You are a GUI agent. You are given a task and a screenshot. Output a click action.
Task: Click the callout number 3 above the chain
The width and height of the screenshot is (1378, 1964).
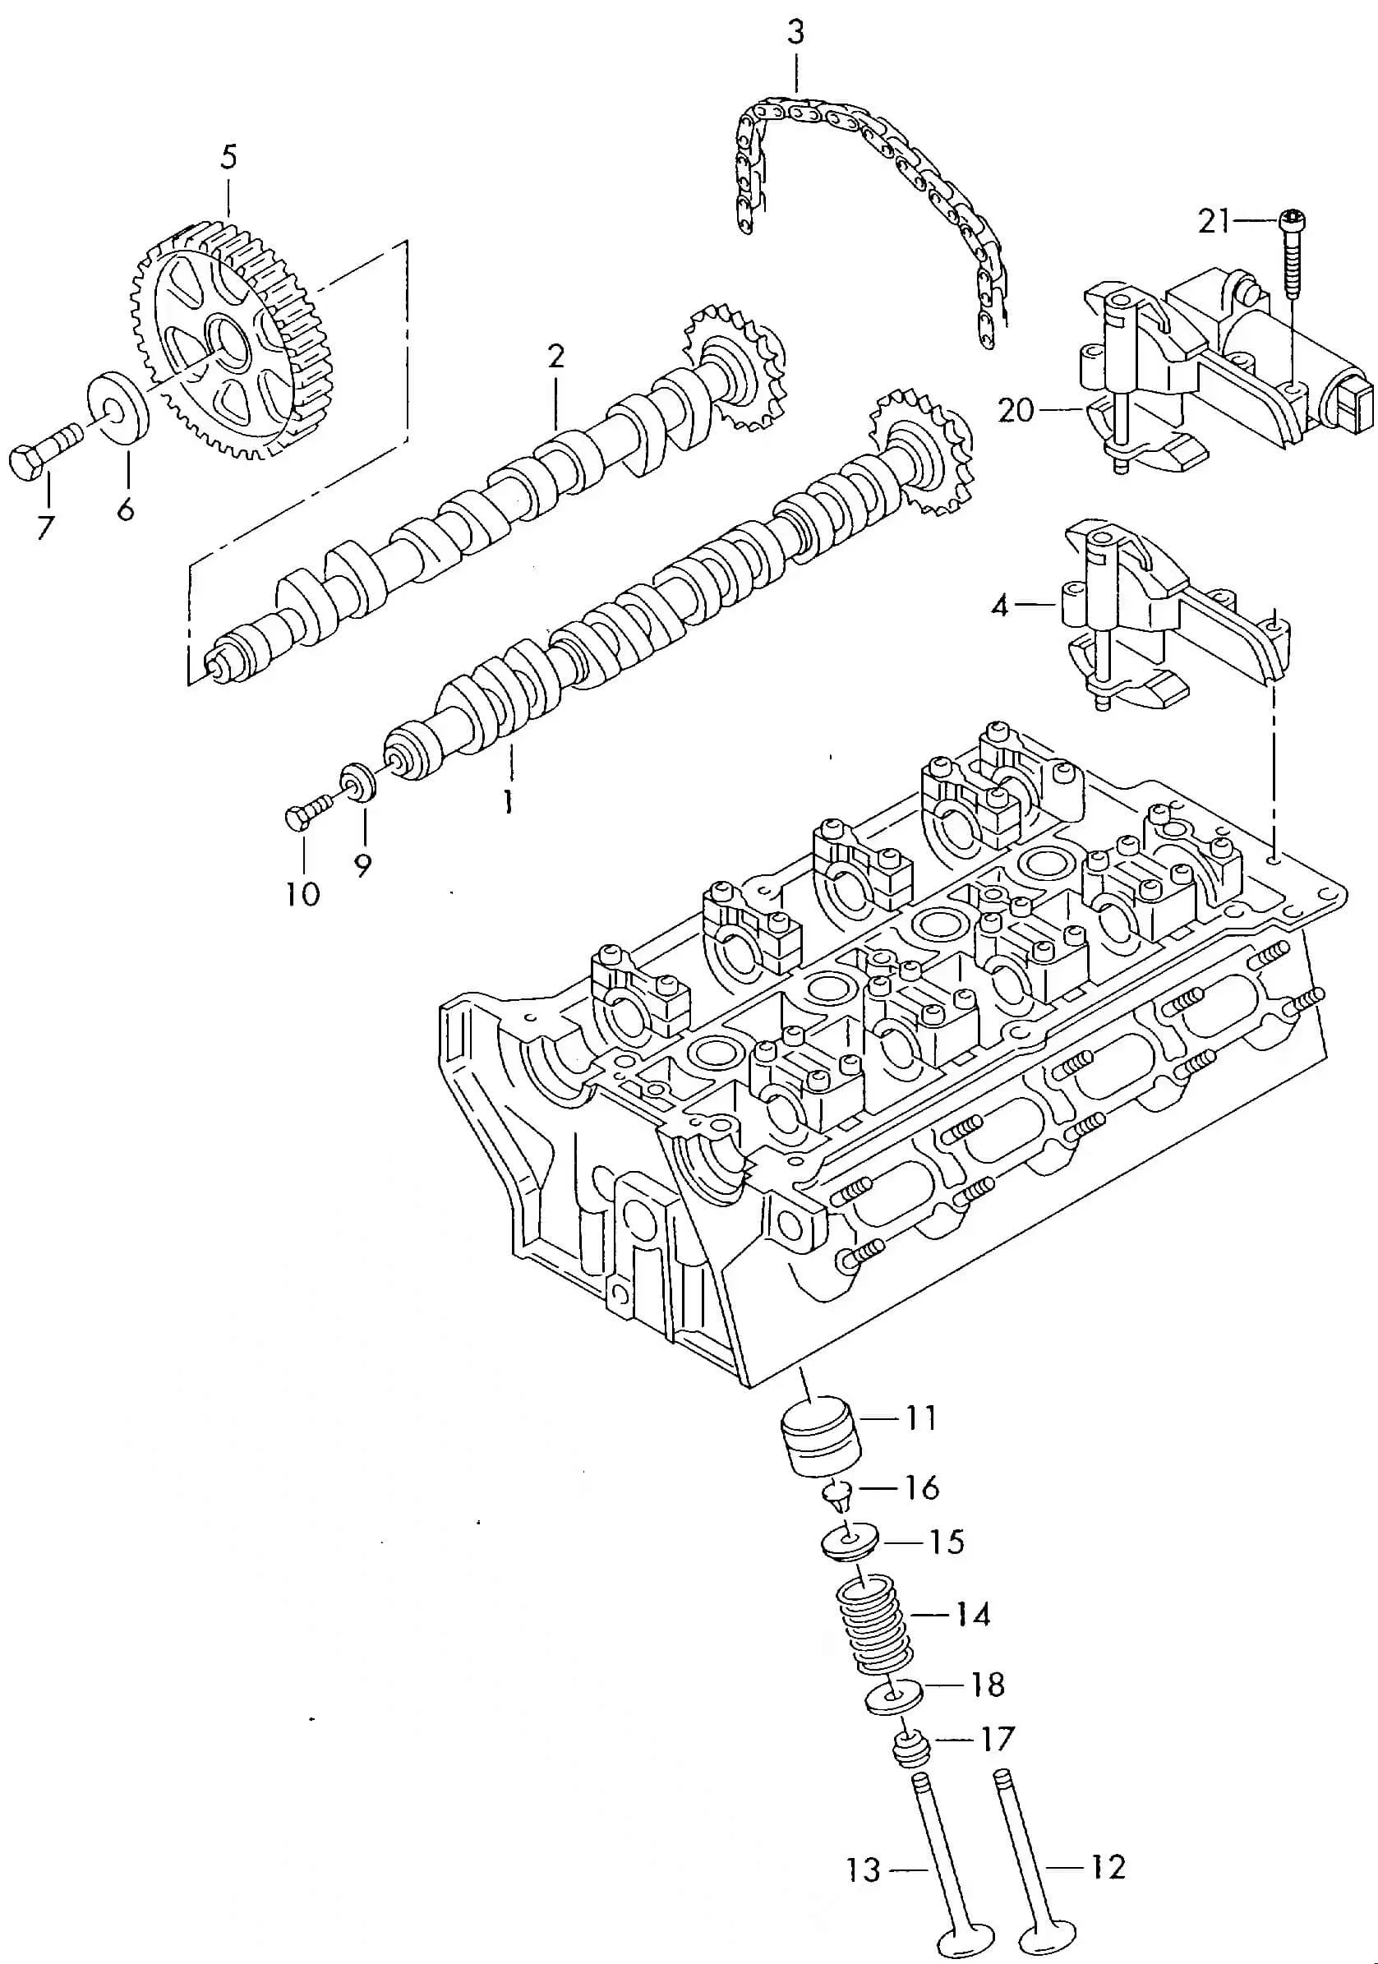(x=795, y=34)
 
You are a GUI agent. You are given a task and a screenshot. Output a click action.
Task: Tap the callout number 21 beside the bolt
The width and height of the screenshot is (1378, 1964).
(x=1214, y=222)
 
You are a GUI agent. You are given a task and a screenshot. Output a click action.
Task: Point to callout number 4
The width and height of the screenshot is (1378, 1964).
(x=999, y=606)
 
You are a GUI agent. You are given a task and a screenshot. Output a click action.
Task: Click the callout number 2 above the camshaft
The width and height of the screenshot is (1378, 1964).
(x=556, y=355)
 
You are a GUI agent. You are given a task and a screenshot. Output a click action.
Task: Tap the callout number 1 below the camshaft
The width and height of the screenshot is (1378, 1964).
(x=508, y=801)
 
